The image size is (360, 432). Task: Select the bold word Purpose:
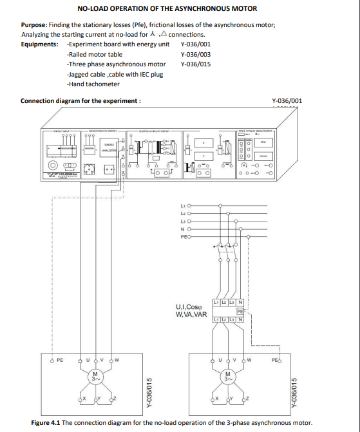tap(36, 24)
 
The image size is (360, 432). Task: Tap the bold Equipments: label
tap(40, 44)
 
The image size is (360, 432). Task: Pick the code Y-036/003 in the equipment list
tap(195, 54)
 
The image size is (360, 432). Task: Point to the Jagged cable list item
tap(87, 74)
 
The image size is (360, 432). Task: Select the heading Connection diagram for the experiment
tap(81, 101)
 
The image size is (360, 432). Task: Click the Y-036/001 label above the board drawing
tap(287, 101)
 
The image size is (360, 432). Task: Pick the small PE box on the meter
tap(240, 311)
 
